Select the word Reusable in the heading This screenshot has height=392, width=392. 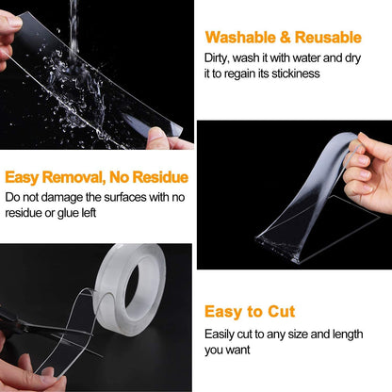pos(327,38)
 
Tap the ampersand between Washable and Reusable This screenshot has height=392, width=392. pos(286,38)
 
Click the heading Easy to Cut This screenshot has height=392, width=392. pos(250,311)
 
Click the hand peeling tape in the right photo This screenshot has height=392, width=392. pos(367,170)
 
